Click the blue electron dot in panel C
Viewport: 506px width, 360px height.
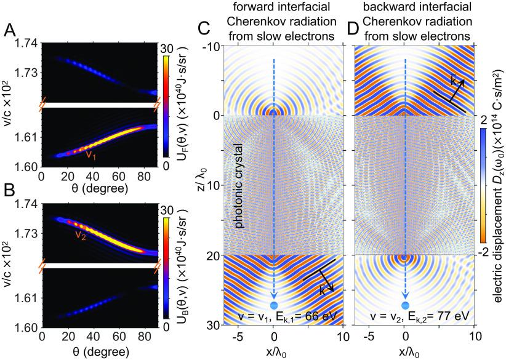274,306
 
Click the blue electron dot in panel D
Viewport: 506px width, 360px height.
405,306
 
